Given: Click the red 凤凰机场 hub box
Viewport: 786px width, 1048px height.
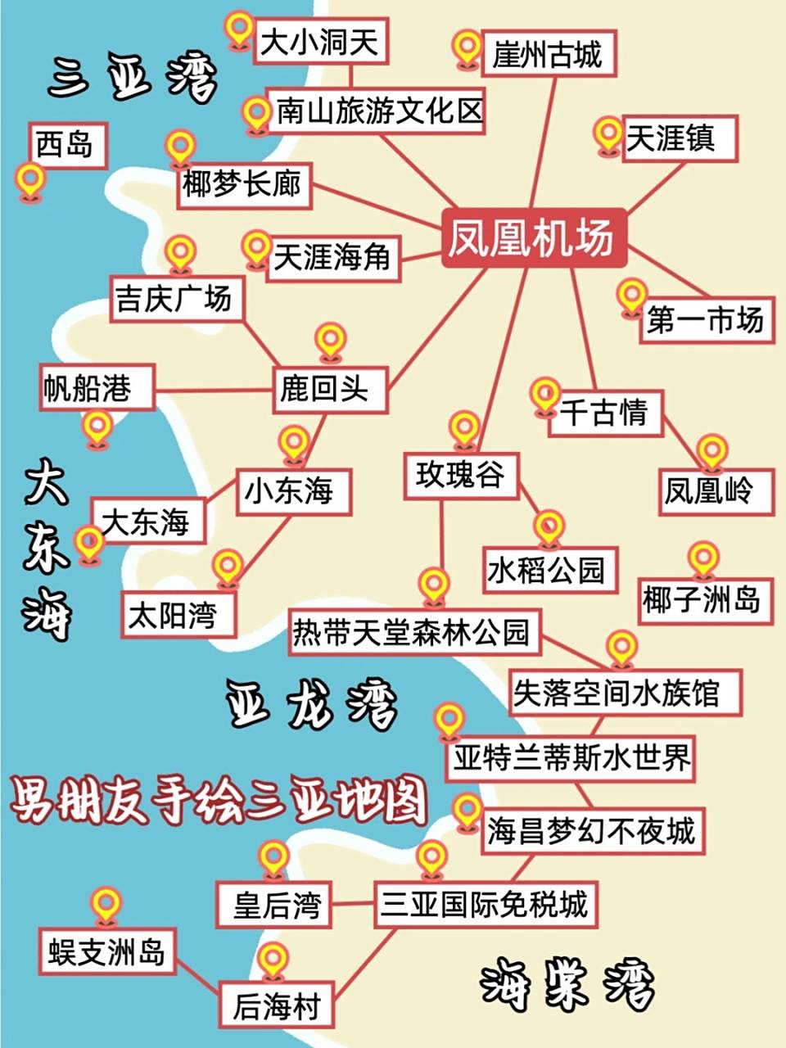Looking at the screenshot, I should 533,237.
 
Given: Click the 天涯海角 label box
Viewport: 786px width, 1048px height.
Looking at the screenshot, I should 332,258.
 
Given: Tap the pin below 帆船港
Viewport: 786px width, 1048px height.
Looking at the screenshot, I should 97,427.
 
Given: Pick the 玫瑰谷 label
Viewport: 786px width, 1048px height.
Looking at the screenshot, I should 460,475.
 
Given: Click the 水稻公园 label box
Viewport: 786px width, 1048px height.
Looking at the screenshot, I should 545,570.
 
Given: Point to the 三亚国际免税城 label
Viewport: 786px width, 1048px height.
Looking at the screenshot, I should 483,905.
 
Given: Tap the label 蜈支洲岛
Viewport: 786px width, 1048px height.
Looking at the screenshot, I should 106,952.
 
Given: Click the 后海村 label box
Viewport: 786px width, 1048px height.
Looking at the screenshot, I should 276,1006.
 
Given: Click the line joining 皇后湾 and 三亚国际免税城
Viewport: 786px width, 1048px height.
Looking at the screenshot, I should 353,904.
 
